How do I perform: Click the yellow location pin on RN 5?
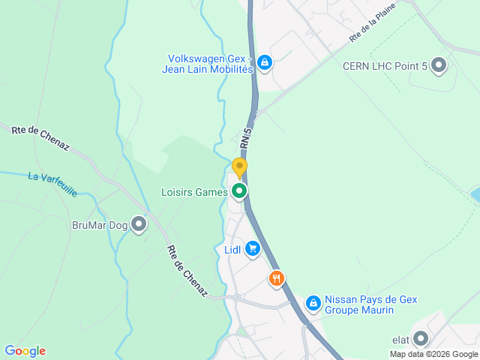coord(239,168)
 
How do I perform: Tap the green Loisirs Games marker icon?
coord(239,192)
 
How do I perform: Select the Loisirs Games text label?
coord(194,192)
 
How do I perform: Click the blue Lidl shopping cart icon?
coord(252,249)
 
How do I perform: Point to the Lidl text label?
coord(232,250)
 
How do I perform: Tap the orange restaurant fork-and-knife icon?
coord(277,279)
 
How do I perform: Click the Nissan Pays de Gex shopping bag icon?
coord(313,304)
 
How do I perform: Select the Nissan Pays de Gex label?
coord(370,304)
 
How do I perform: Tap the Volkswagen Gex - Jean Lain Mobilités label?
coord(210,64)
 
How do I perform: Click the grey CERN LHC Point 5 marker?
coord(439,66)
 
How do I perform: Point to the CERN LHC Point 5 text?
coord(385,67)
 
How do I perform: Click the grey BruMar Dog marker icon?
coord(139,223)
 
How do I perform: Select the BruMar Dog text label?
coord(98,224)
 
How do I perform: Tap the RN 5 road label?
coord(246,137)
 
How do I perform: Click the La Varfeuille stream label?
coord(52,184)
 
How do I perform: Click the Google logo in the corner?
coord(25,351)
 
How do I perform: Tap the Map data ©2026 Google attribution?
coord(433,354)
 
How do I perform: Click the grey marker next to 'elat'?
coord(420,339)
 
